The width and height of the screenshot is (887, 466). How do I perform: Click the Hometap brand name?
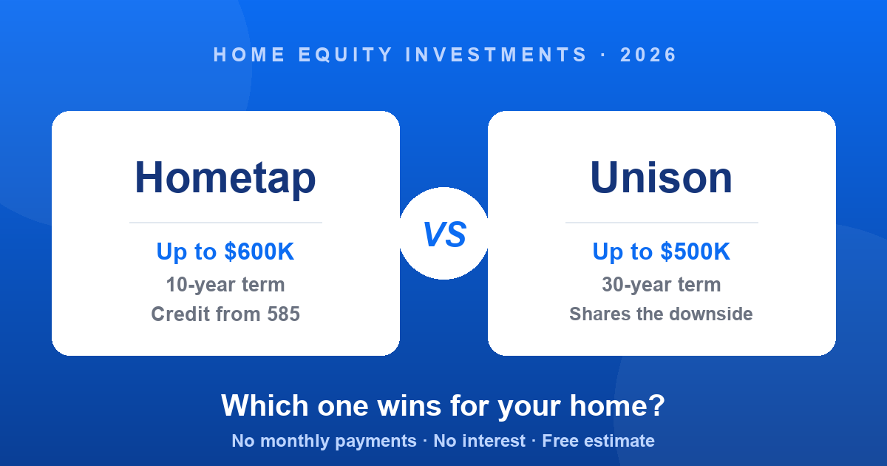[x=225, y=178]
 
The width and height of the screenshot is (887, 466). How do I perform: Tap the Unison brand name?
[x=662, y=178]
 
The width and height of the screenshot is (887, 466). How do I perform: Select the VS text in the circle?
[x=444, y=234]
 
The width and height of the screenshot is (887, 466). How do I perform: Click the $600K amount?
[x=259, y=251]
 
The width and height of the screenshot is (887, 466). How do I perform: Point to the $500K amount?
[x=695, y=251]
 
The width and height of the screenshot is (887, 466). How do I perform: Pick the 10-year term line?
[x=225, y=285]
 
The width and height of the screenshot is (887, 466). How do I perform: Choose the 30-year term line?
[x=662, y=285]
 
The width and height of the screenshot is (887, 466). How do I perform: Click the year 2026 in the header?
[x=648, y=55]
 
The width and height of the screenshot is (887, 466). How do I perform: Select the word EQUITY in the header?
[x=345, y=55]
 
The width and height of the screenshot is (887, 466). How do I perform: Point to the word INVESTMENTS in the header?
[x=496, y=55]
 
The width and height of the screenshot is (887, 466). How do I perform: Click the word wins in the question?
[x=409, y=406]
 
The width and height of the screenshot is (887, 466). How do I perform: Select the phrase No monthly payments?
[x=324, y=441]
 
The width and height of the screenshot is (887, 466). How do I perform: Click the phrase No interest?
[x=479, y=441]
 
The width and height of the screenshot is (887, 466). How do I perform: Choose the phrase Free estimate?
[x=598, y=441]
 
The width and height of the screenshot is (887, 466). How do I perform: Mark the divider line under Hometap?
[x=225, y=223]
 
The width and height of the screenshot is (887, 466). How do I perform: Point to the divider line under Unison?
[x=662, y=223]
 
